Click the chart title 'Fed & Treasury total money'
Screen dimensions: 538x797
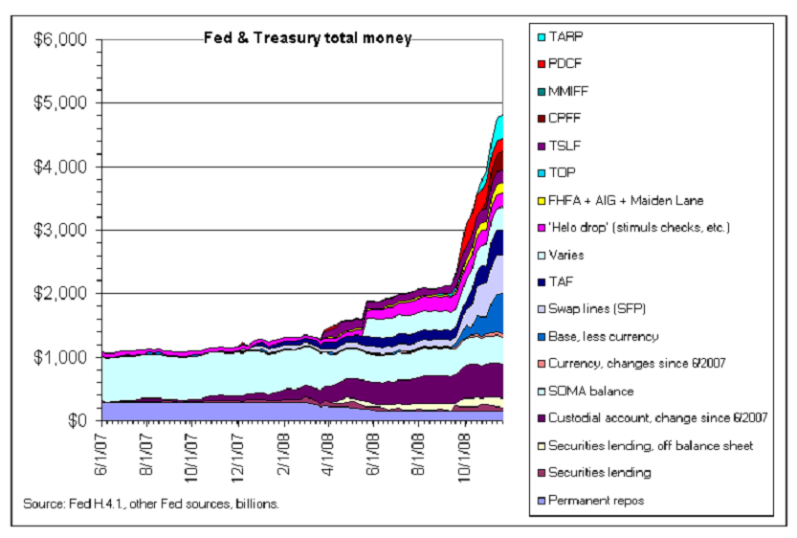(x=307, y=39)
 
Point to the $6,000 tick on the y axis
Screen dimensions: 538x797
(x=61, y=40)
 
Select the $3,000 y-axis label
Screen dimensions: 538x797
(x=61, y=230)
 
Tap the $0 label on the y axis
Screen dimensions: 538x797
(x=76, y=420)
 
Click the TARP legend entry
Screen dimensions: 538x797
(x=565, y=37)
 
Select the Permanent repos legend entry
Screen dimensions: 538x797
(x=603, y=500)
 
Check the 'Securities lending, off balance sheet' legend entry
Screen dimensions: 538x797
(x=652, y=445)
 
